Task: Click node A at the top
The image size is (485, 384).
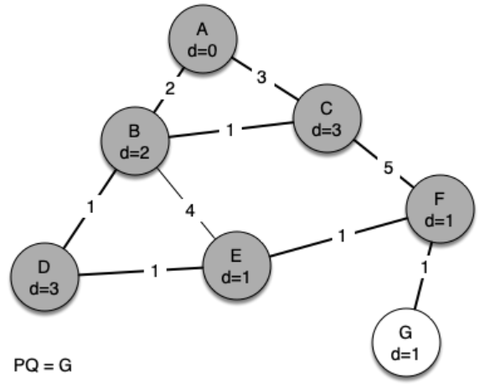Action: point(203,39)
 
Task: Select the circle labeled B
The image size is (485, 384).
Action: point(135,141)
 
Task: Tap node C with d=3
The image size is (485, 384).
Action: point(327,118)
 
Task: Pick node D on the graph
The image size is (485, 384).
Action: point(44,277)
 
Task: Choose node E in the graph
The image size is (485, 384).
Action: point(236,266)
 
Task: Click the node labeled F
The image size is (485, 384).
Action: point(440,209)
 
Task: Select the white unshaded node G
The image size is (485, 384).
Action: point(405,342)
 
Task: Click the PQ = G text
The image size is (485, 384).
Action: point(43,365)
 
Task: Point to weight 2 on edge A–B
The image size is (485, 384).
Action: point(170,89)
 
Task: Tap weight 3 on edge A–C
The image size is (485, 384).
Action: point(261,77)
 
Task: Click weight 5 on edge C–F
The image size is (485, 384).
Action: point(388,168)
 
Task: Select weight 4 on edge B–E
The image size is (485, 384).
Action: point(190,211)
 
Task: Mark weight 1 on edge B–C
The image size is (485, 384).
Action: point(230,130)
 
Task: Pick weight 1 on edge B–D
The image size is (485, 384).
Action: point(90,207)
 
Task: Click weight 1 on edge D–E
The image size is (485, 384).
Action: point(155,271)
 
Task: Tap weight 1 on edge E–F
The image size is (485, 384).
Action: point(342,236)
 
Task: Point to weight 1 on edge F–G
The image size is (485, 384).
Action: point(425,267)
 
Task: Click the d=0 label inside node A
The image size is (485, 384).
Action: point(203,51)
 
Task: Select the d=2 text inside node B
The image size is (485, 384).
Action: point(135,153)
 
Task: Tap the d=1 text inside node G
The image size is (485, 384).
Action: point(405,354)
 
